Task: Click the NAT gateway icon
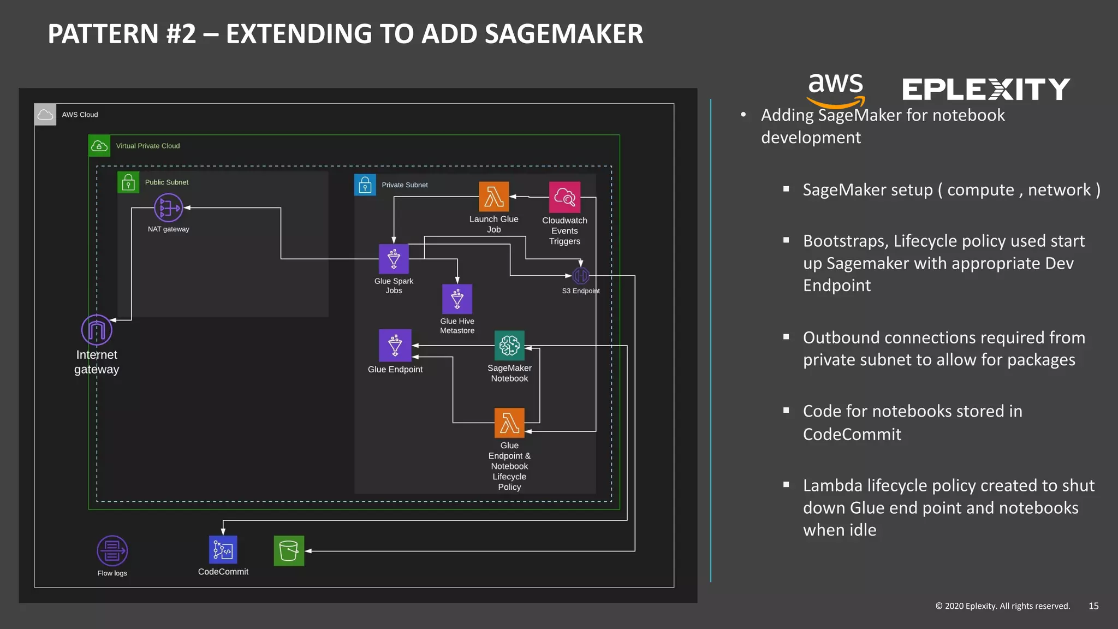pyautogui.click(x=168, y=208)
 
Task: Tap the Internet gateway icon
pyautogui.click(x=97, y=330)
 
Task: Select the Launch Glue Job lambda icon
pyautogui.click(x=493, y=197)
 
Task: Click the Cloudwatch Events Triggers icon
pyautogui.click(x=564, y=197)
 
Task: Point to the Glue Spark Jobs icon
pyautogui.click(x=394, y=259)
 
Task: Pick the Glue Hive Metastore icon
pyautogui.click(x=457, y=299)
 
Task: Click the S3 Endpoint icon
pyautogui.click(x=581, y=276)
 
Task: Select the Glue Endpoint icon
pyautogui.click(x=395, y=345)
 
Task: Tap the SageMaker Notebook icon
pyautogui.click(x=509, y=345)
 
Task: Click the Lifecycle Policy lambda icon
pyautogui.click(x=509, y=423)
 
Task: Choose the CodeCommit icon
pyautogui.click(x=223, y=549)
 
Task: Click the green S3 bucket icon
pyautogui.click(x=289, y=550)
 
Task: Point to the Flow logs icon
pyautogui.click(x=112, y=550)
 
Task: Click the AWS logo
pyautogui.click(x=836, y=90)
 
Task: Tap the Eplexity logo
pyautogui.click(x=986, y=90)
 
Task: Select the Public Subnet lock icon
pyautogui.click(x=128, y=182)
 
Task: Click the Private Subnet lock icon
pyautogui.click(x=365, y=185)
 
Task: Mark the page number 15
pyautogui.click(x=1093, y=606)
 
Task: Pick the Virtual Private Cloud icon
pyautogui.click(x=99, y=146)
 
